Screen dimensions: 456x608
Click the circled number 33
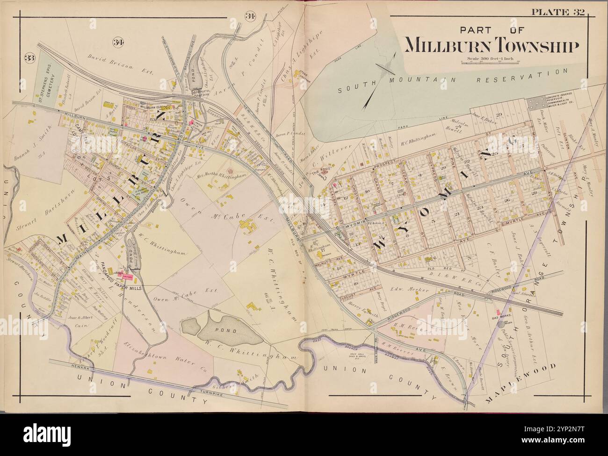(x=30, y=58)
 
